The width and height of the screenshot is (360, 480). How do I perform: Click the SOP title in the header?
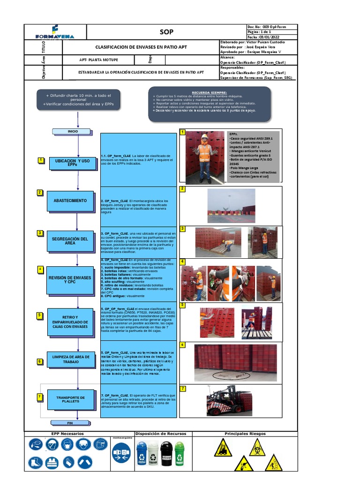(166, 32)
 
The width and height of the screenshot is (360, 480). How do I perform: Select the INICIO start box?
(73, 131)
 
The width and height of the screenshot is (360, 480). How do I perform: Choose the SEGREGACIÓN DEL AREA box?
(70, 241)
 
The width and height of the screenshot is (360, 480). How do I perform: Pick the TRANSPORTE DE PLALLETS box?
(70, 399)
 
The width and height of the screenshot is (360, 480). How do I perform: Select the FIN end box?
(70, 423)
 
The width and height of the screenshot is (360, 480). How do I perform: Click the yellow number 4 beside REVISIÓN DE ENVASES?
(41, 269)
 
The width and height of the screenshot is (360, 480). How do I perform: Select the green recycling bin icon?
(180, 453)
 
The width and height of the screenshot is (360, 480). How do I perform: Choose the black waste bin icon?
(167, 453)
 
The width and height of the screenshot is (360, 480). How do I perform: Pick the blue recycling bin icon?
(142, 453)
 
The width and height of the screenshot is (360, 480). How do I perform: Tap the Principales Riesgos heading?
(245, 434)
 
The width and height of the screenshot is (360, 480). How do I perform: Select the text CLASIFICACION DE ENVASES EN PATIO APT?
(141, 47)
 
